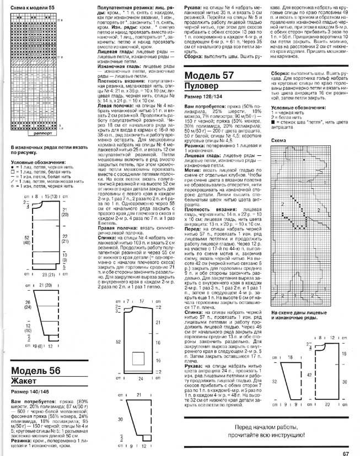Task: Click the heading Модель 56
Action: tap(44, 370)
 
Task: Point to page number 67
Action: tap(346, 438)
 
